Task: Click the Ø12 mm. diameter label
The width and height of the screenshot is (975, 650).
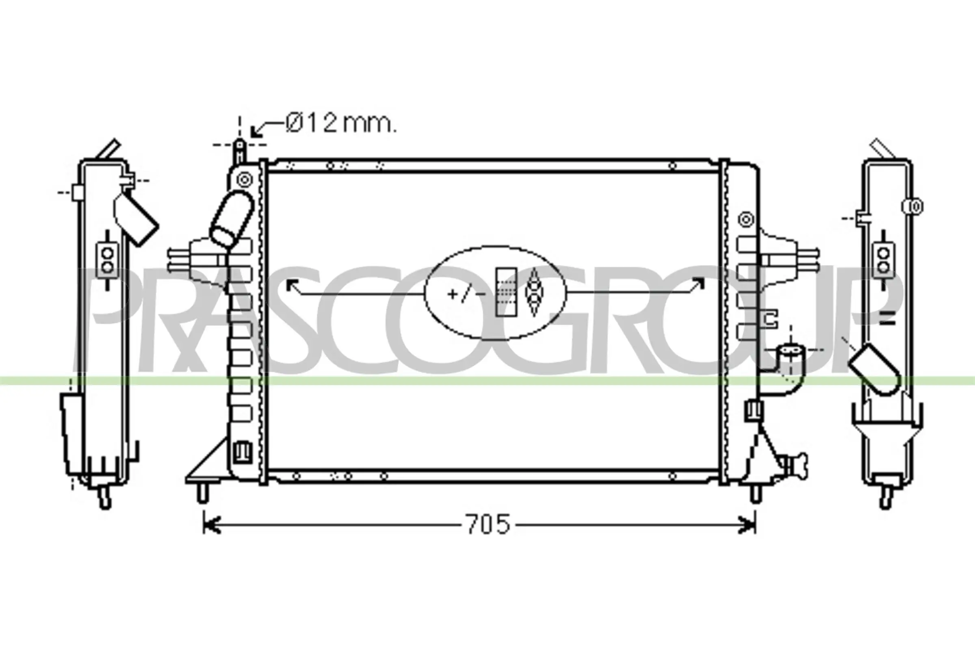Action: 341,123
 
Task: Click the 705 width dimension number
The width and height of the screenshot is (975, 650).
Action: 488,524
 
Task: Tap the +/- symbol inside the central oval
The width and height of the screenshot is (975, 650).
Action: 466,294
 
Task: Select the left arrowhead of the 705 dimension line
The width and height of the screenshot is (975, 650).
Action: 211,525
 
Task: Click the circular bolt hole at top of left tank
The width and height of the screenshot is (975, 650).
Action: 245,180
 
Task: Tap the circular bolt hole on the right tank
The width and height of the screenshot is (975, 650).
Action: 746,219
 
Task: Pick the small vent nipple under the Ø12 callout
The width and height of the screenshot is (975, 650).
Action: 240,151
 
